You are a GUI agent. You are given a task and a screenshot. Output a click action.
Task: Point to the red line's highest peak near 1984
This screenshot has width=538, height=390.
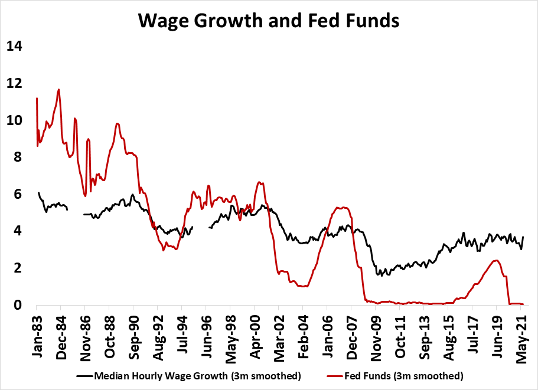tap(58, 90)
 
